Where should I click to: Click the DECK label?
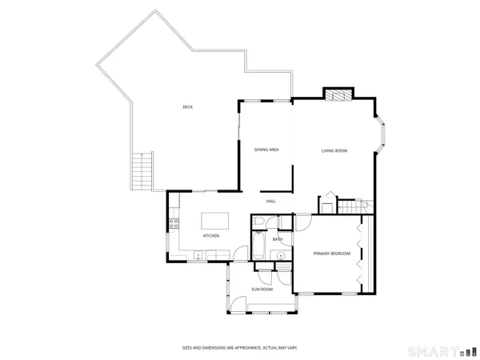coord(187,107)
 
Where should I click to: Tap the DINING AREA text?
coord(266,150)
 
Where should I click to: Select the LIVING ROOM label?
coord(334,150)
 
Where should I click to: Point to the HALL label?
coord(271,201)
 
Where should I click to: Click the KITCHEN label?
coord(211,236)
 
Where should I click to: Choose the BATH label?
coord(278,239)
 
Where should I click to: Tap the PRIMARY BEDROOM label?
coord(332,254)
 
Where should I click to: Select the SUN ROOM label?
coord(262,289)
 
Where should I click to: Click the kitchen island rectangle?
coord(214,220)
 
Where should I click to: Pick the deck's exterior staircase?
coord(141,170)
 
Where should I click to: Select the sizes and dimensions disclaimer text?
coord(239,348)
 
